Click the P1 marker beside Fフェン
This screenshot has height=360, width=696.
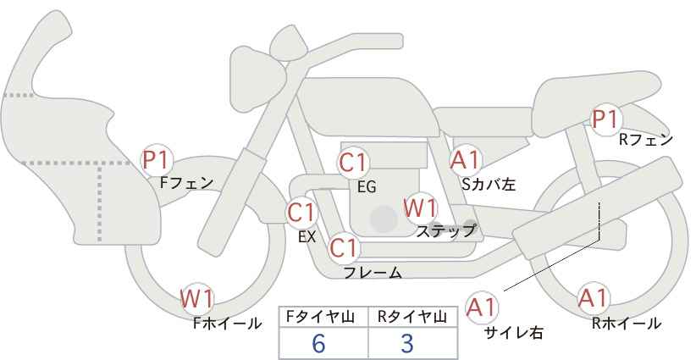coord(156,161)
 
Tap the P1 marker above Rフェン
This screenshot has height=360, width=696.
coord(605,119)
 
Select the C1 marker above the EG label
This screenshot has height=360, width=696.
coord(353,163)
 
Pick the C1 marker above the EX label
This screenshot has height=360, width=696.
coord(301,213)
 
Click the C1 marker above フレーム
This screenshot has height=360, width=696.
coord(344,248)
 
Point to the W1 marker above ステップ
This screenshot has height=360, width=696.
coord(420,208)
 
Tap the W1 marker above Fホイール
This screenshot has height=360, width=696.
coord(197,298)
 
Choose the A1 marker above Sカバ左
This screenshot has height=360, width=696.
coord(465,160)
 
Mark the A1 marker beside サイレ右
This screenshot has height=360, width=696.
coord(482,307)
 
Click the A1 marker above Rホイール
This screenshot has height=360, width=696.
coord(593,298)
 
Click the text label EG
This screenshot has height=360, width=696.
coord(367,187)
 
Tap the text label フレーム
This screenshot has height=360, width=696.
coord(373,273)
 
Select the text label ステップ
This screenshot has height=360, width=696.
coord(445,231)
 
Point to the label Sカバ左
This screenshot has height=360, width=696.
coord(489,184)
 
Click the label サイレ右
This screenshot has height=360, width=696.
coord(514,333)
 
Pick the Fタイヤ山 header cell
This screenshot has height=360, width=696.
coord(323,317)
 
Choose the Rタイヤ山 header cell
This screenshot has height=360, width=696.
coord(413,317)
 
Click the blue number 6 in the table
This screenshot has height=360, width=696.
coord(318,343)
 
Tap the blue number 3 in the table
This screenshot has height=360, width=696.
coord(407,343)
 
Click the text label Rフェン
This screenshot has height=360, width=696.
coord(646,140)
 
